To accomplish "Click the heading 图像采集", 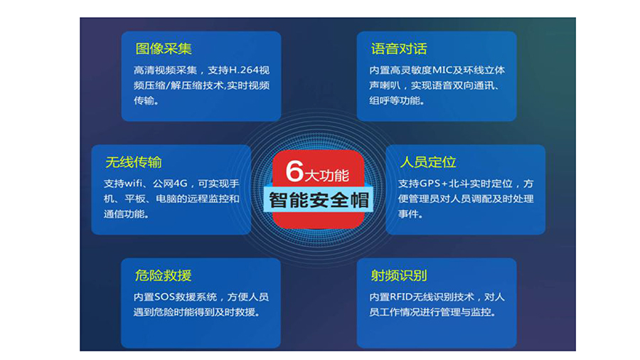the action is pos(164,49).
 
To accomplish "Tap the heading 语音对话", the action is pos(399,49).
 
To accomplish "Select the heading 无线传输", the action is pos(134,162).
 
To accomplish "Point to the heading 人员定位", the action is pos(428,162).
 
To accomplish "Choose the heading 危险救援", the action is pos(164,275).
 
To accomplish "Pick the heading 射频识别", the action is pos(399,275).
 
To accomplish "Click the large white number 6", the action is pos(294,171).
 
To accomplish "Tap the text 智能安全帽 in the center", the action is pos(319,201).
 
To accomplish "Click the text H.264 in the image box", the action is pos(244,70).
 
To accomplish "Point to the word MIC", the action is pos(442,70).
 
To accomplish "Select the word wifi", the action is pos(134,184).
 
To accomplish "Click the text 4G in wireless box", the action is pos(181,184).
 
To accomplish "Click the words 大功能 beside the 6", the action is pos(327,176).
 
